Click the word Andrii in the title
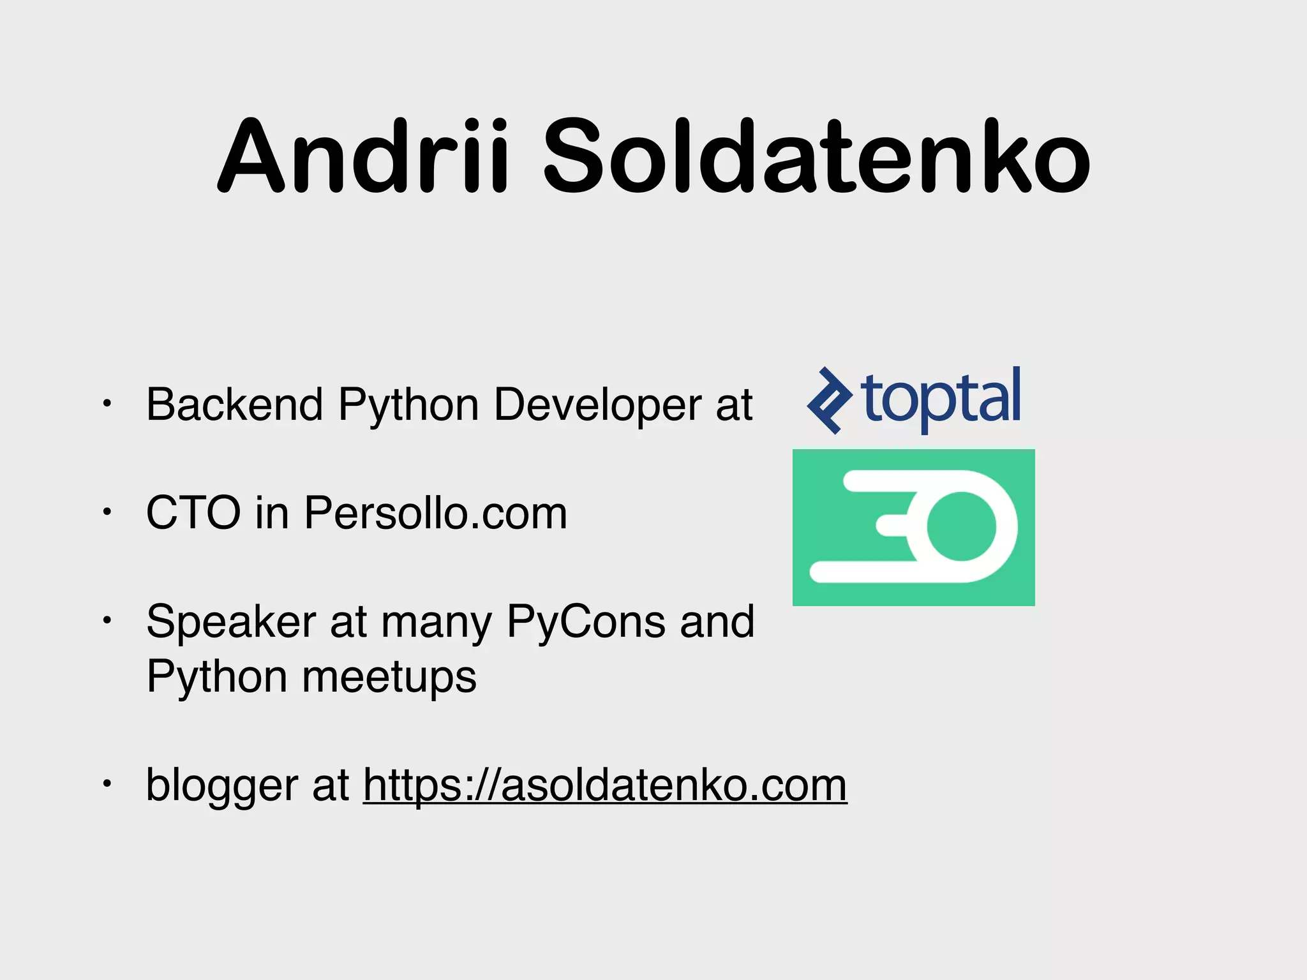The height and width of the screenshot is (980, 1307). click(x=364, y=156)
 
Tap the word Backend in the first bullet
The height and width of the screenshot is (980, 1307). click(x=234, y=405)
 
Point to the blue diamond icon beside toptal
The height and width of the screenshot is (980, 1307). click(x=828, y=401)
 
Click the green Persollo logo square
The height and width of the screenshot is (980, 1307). click(x=913, y=527)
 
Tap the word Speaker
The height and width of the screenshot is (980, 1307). click(x=231, y=621)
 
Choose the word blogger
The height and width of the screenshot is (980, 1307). click(x=221, y=786)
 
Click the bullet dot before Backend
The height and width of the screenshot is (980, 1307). click(x=107, y=403)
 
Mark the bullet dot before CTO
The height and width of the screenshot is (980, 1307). click(x=107, y=511)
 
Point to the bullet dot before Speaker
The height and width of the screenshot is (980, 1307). click(x=107, y=620)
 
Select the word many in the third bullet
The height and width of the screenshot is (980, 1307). click(x=437, y=623)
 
